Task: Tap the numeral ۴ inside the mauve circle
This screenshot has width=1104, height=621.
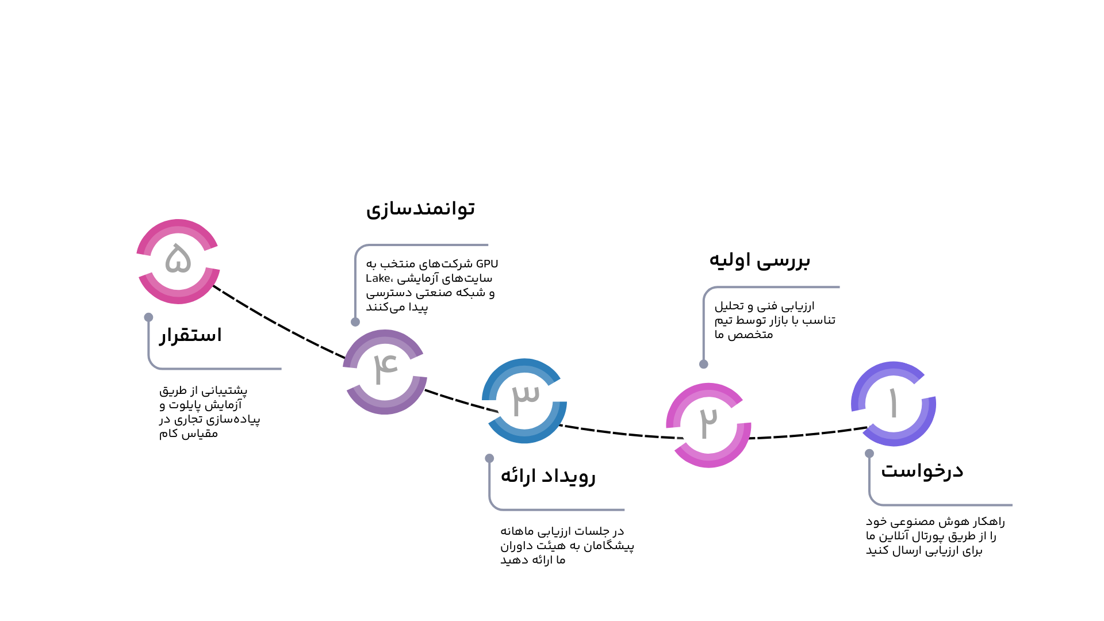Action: (x=385, y=368)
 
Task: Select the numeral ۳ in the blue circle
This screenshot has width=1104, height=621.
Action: (x=526, y=398)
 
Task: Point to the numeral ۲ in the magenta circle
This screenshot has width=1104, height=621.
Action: (x=709, y=422)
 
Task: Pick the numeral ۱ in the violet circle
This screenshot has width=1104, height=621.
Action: (x=893, y=402)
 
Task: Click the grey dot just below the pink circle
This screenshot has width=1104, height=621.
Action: (x=148, y=317)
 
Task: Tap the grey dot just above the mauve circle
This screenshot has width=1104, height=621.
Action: (x=355, y=322)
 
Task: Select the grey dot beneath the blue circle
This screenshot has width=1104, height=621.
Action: (x=489, y=458)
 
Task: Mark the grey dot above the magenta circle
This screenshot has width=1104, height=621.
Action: (x=703, y=364)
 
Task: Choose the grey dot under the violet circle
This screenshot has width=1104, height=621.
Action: (x=869, y=454)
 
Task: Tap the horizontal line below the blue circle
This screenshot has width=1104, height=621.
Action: (x=563, y=509)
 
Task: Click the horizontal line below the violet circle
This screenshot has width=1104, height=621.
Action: (x=949, y=505)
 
